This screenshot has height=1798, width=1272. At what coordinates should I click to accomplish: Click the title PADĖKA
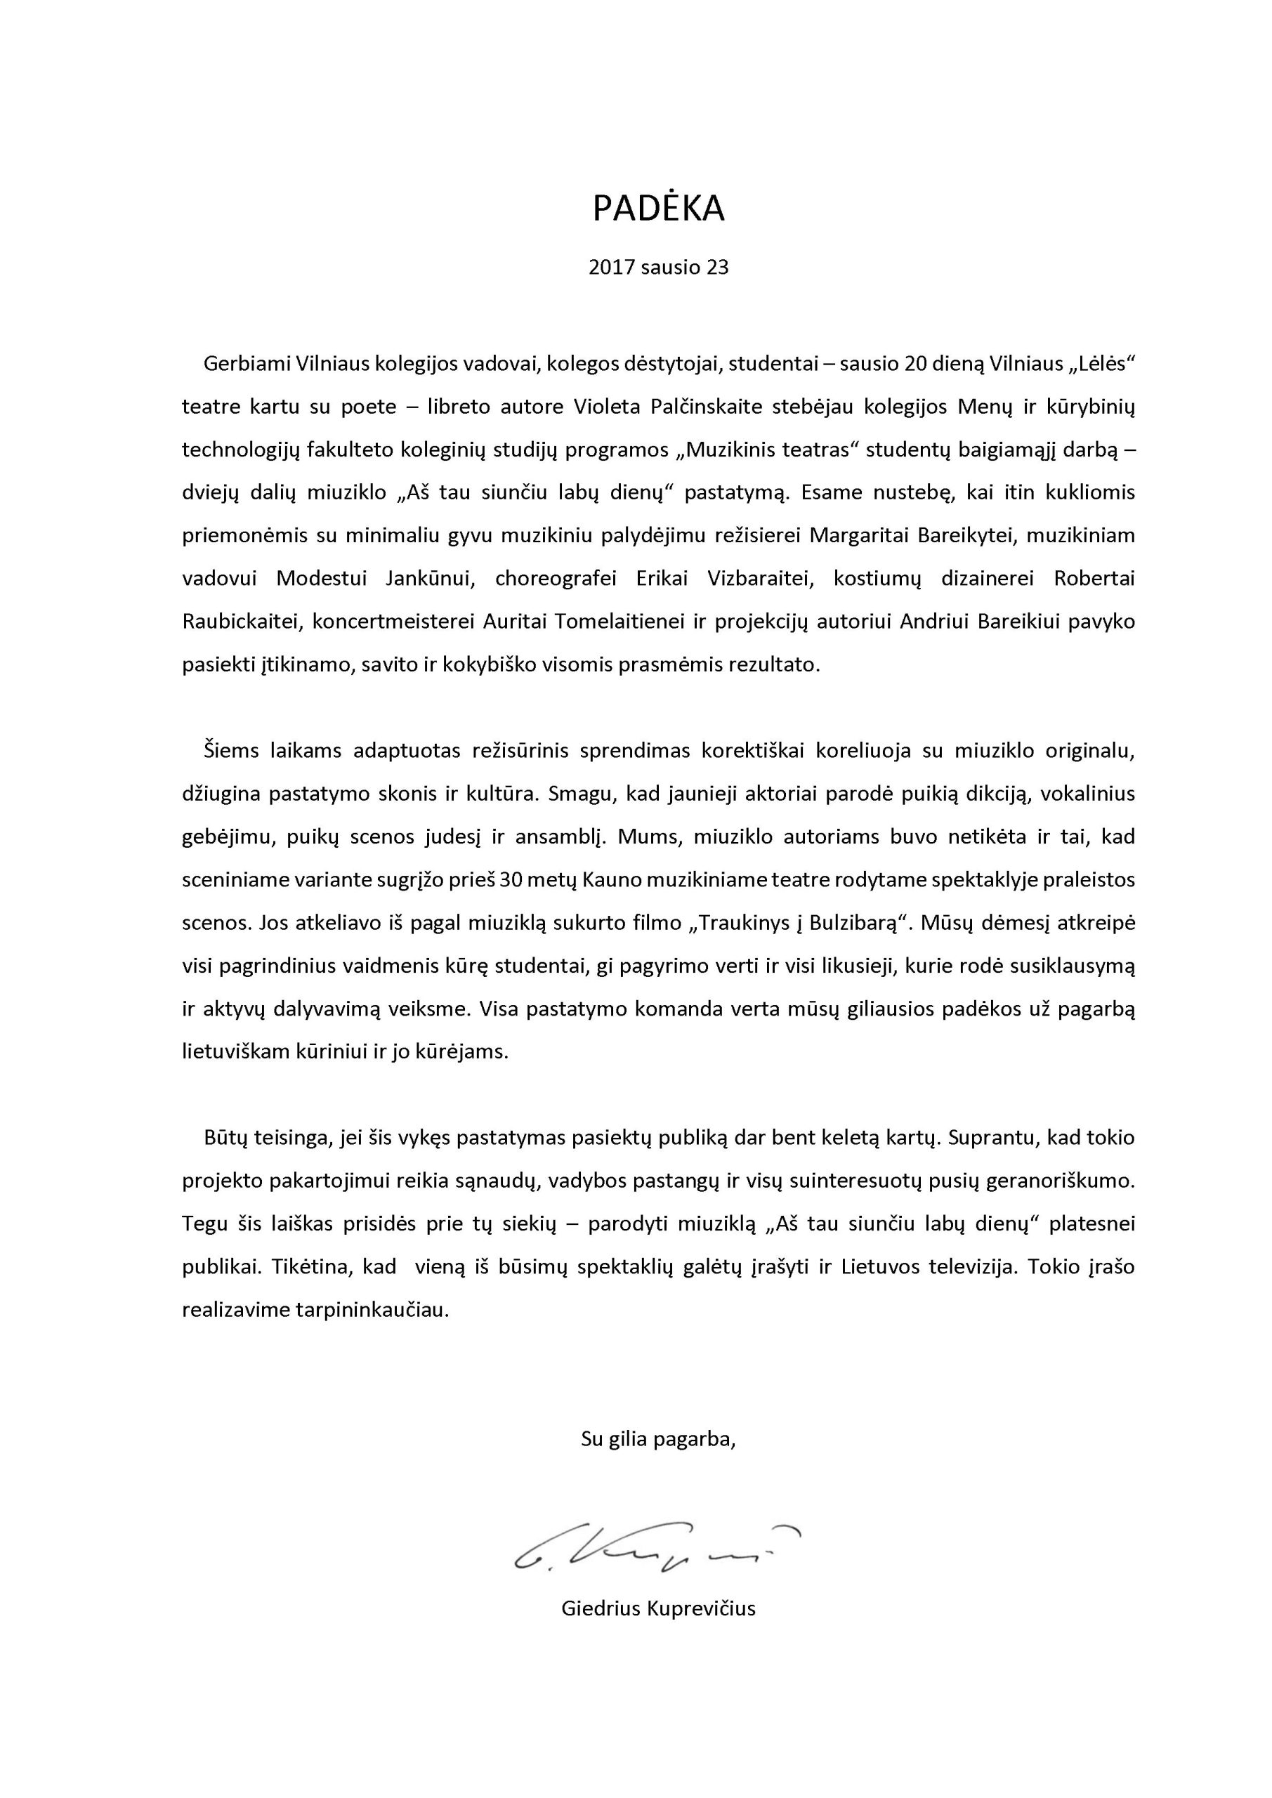(658, 209)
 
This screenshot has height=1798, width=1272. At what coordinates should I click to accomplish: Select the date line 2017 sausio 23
(658, 268)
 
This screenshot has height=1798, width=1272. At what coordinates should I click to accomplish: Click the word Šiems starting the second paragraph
(230, 751)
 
